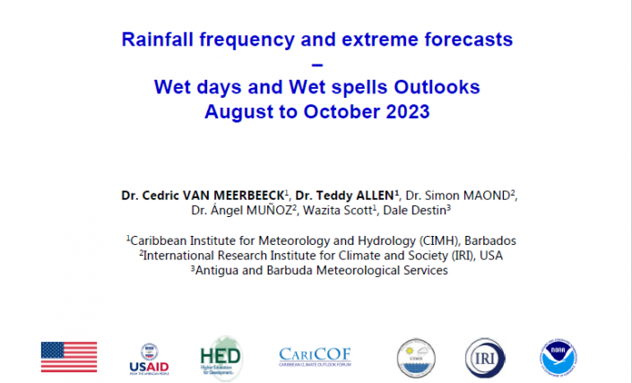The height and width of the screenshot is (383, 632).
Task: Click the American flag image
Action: click(69, 357)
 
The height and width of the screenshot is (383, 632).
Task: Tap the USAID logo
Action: click(149, 359)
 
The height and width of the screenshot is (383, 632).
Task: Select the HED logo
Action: click(221, 358)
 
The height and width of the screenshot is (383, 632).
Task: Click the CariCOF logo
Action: click(315, 356)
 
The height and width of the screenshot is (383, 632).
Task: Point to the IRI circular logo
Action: click(485, 358)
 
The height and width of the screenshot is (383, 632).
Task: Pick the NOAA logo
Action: click(558, 358)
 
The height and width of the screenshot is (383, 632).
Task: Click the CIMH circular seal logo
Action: click(416, 358)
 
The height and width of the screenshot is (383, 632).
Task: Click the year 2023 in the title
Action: click(408, 112)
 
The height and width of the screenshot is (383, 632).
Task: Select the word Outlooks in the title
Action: click(437, 87)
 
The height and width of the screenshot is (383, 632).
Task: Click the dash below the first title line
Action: click(317, 65)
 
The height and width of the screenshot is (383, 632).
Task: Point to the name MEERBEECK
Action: click(248, 196)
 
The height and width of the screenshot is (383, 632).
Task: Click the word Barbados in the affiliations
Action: click(490, 240)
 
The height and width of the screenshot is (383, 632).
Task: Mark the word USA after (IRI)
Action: click(491, 256)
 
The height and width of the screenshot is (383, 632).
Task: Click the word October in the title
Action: click(342, 112)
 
